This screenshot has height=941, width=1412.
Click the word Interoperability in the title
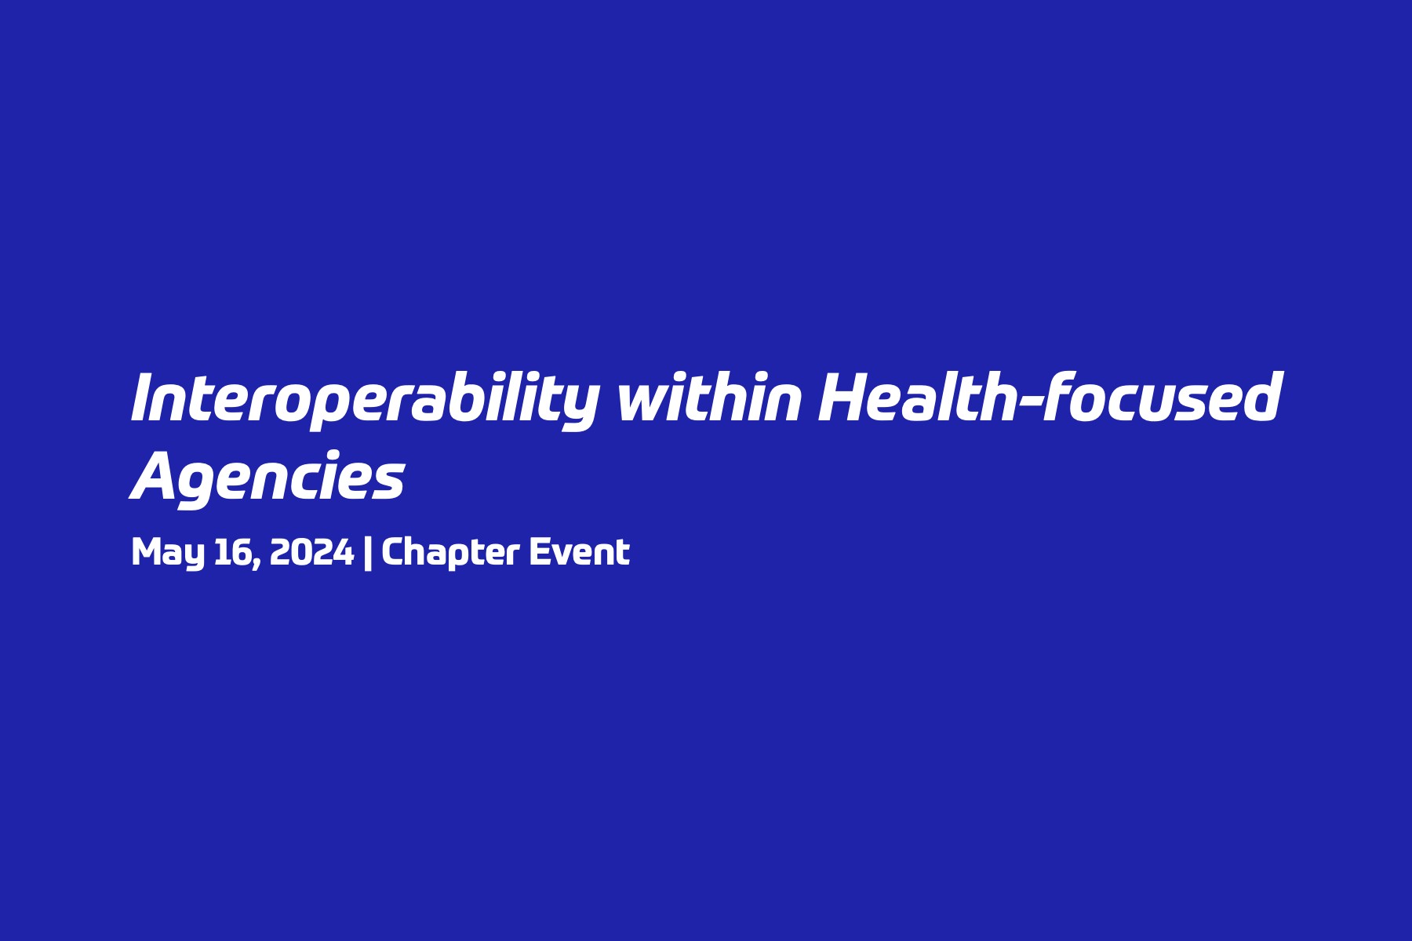pos(366,400)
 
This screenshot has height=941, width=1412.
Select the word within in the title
pos(710,397)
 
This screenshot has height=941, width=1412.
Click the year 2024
pos(311,552)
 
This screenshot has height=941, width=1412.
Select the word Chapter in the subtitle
pos(450,553)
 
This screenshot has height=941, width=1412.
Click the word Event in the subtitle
pos(580,551)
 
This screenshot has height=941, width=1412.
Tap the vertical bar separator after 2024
pos(368,553)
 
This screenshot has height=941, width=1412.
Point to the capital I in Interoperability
pos(141,398)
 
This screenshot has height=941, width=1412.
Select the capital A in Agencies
pos(157,477)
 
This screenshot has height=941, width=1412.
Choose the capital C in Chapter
pos(394,552)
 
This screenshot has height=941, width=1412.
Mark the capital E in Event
pos(541,552)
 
